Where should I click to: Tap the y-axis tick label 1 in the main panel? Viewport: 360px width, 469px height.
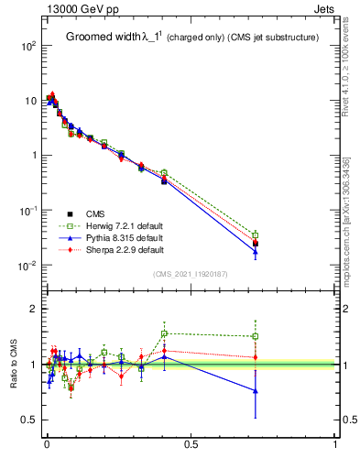[x=32, y=156]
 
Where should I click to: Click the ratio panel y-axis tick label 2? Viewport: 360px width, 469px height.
[x=32, y=310]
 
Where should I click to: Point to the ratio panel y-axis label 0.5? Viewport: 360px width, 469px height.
[x=27, y=420]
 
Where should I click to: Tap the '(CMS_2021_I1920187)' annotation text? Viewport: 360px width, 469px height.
[x=190, y=274]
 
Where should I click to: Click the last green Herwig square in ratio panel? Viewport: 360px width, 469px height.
[x=256, y=336]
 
